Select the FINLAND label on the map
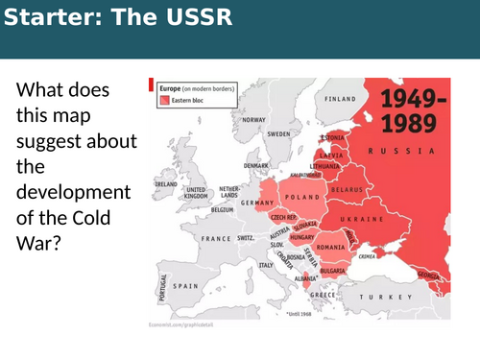click(341, 98)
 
